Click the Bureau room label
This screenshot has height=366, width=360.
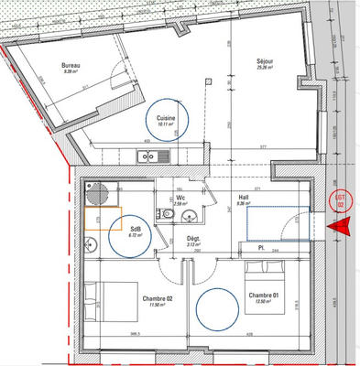pos(70,67)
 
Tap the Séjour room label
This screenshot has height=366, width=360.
pos(267,61)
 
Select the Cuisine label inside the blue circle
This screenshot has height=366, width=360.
pos(166,118)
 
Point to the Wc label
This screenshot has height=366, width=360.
pos(181,197)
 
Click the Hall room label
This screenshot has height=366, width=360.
pos(244,198)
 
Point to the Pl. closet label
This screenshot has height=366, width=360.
pos(261,248)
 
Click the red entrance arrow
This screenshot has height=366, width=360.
pos(343,231)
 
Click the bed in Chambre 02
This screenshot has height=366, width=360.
pos(102,298)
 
